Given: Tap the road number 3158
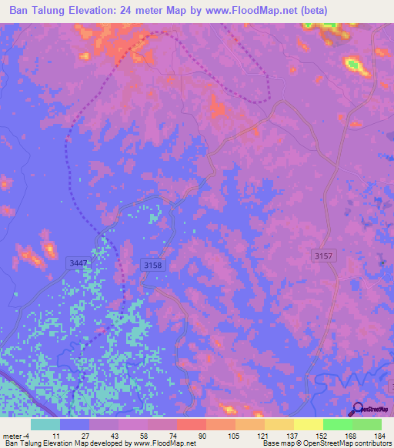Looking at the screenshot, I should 153,265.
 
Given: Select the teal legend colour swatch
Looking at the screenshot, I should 45,424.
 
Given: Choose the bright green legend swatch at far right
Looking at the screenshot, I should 366,424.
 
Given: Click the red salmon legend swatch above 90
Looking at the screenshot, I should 191,424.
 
